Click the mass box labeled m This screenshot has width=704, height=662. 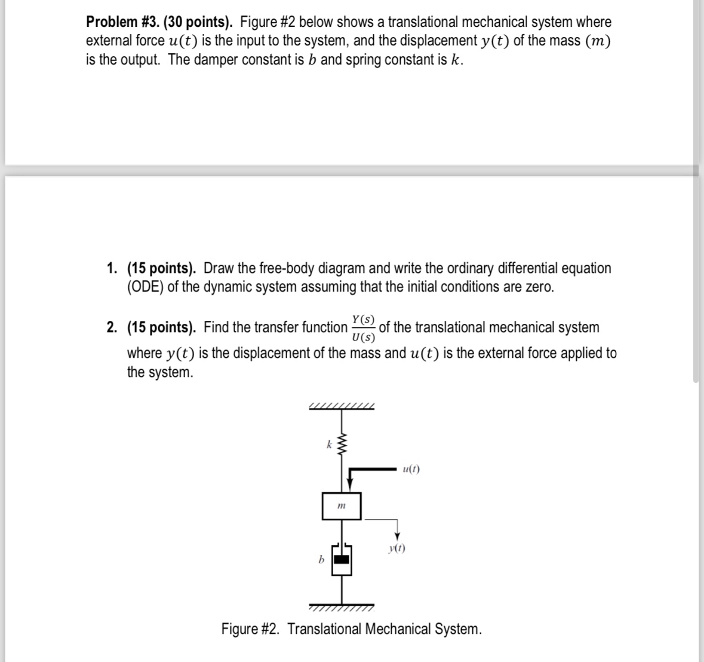point(342,506)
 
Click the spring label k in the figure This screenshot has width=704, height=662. point(328,444)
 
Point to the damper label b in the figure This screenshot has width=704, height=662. point(321,560)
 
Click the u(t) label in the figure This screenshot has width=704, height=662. point(411,469)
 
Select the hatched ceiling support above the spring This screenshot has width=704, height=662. point(342,407)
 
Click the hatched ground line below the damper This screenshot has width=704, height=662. point(342,607)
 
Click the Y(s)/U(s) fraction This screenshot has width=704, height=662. point(363,327)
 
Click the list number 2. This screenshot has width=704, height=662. point(112,327)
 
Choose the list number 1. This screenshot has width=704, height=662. point(112,268)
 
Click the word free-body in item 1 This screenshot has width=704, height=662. point(294,268)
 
